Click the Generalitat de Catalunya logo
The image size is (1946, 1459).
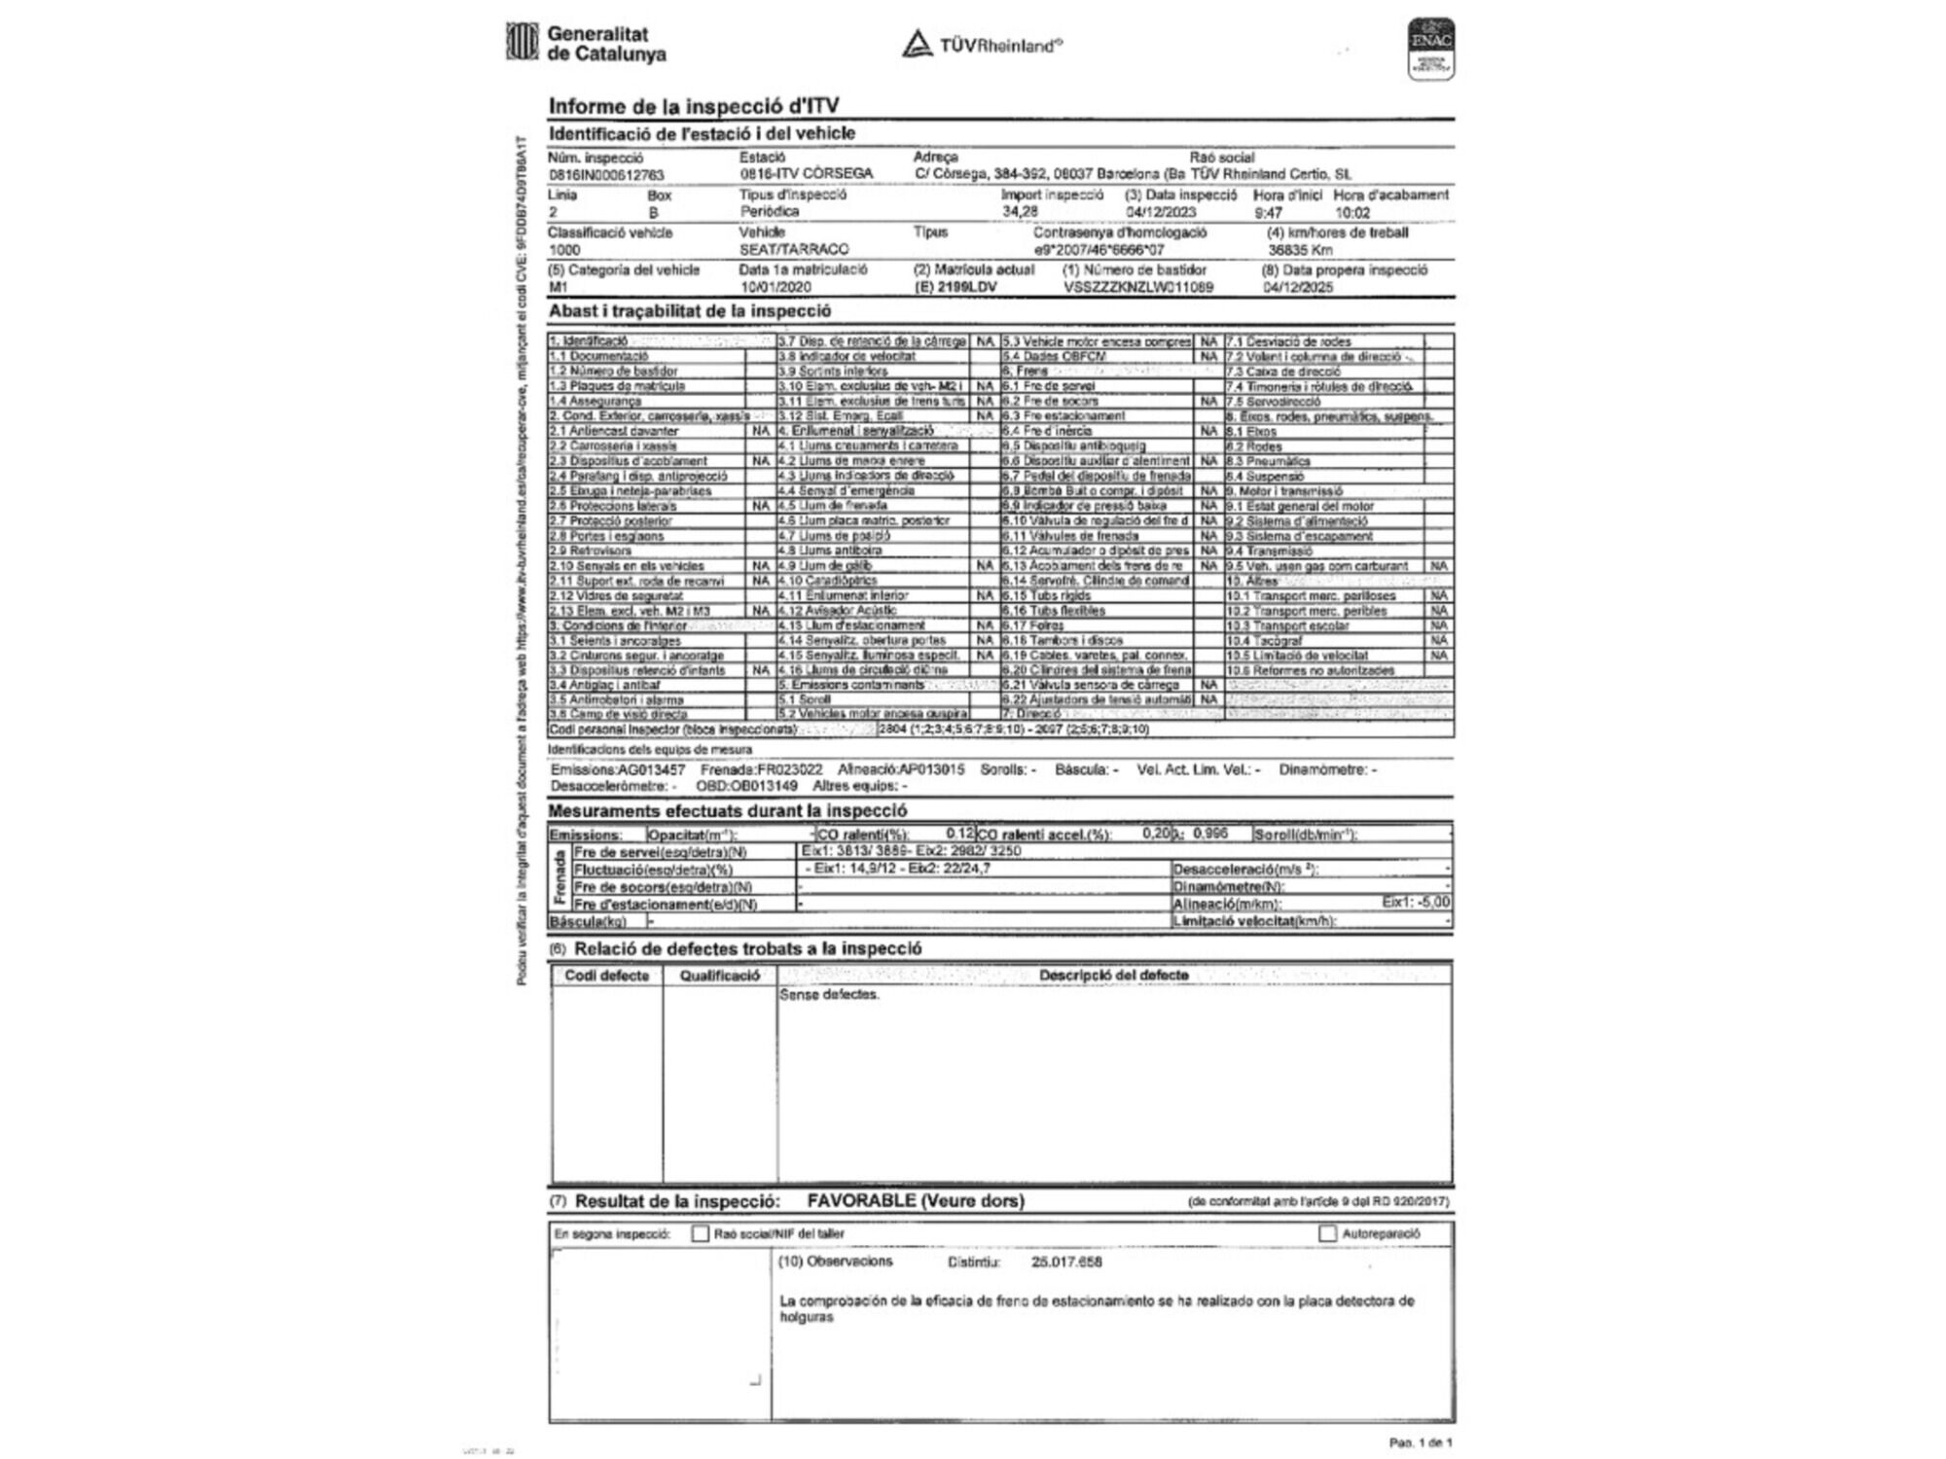587,44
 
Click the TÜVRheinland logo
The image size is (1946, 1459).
983,45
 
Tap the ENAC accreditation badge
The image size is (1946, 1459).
1431,49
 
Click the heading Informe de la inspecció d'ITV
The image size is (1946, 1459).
694,106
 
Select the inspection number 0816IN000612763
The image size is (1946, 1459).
606,175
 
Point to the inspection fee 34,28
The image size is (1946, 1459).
1021,212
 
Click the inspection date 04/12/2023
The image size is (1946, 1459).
1161,212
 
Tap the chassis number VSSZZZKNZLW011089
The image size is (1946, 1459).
1138,288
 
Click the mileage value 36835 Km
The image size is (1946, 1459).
1300,250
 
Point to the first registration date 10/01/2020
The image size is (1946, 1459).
775,288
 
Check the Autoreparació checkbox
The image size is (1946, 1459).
1328,1233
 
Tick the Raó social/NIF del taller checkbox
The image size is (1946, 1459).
700,1233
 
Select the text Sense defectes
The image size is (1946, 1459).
829,995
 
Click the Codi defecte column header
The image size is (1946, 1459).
606,976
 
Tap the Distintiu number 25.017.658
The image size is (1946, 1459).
1066,1263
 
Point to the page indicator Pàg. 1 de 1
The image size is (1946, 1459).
1421,1442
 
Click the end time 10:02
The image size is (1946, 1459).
1352,212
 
